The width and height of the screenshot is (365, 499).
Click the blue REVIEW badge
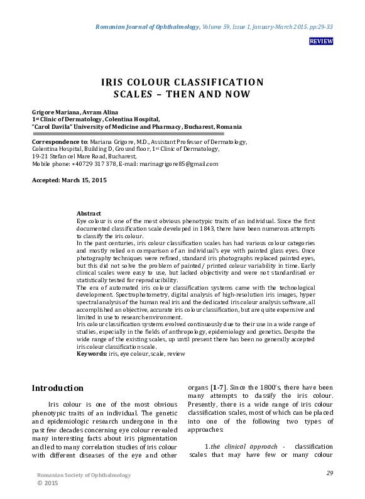pos(321,41)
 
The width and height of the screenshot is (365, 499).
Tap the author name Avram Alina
pos(93,111)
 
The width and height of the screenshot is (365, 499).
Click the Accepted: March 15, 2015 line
pos(69,180)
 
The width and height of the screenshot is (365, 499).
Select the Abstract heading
pos(89,214)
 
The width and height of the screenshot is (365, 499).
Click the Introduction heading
pos(57,388)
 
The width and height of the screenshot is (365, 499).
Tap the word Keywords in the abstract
pos(91,354)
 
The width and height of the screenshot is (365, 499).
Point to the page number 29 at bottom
pos(329,473)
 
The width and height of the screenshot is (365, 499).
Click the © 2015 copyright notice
pos(49,483)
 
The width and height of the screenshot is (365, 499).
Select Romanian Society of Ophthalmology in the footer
pos(84,475)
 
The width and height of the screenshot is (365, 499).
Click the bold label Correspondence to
pos(60,143)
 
